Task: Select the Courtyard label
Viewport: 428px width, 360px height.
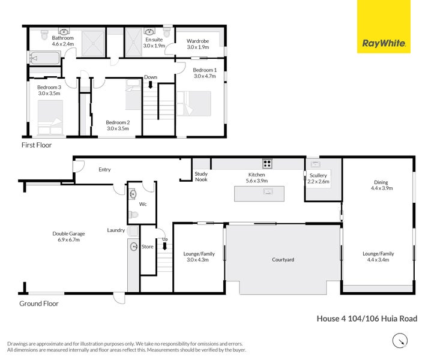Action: pyautogui.click(x=283, y=260)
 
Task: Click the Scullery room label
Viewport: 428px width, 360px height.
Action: pyautogui.click(x=318, y=178)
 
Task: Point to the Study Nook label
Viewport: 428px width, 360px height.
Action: pyautogui.click(x=201, y=176)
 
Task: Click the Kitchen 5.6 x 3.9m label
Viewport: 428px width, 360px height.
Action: pyautogui.click(x=256, y=177)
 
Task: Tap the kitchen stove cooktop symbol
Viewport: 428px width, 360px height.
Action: pyautogui.click(x=267, y=163)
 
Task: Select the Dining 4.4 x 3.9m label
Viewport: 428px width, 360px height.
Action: pyautogui.click(x=381, y=185)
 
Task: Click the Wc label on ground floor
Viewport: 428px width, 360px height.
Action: pyautogui.click(x=143, y=204)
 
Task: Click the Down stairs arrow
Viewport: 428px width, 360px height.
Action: pyautogui.click(x=151, y=82)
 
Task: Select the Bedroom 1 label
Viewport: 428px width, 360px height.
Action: pyautogui.click(x=205, y=73)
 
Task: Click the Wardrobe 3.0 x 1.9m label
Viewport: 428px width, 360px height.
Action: pyautogui.click(x=197, y=43)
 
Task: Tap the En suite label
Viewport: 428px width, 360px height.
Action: pyautogui.click(x=154, y=41)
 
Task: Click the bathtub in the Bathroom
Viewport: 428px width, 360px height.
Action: pyautogui.click(x=44, y=58)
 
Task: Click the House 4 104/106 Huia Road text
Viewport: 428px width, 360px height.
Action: pyautogui.click(x=367, y=319)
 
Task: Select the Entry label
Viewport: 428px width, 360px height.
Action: pyautogui.click(x=104, y=170)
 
